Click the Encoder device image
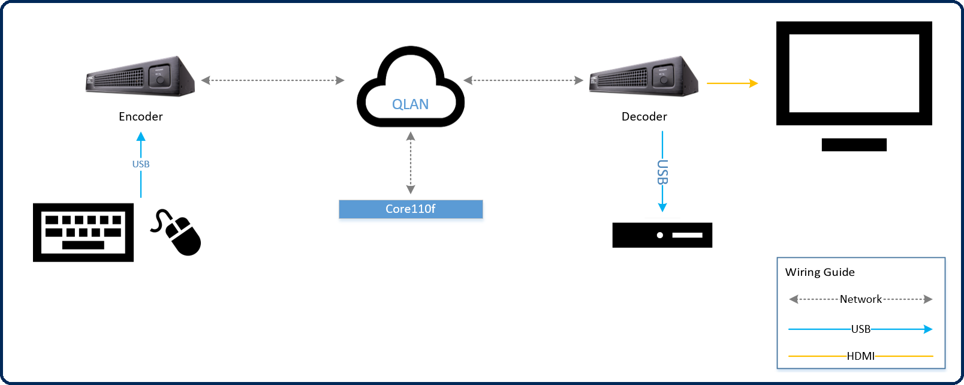140,76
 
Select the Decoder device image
644,76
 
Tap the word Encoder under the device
141,116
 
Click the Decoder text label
644,116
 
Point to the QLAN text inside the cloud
410,104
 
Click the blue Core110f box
411,209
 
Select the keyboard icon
83,232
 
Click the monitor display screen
854,73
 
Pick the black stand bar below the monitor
854,145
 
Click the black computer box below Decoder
662,235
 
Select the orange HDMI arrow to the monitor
732,83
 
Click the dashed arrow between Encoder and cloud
273,80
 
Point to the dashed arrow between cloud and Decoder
523,80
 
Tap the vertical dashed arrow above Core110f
411,163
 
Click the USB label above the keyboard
141,164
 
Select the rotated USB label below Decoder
662,172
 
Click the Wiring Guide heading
820,272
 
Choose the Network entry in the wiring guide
860,299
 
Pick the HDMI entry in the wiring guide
860,356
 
